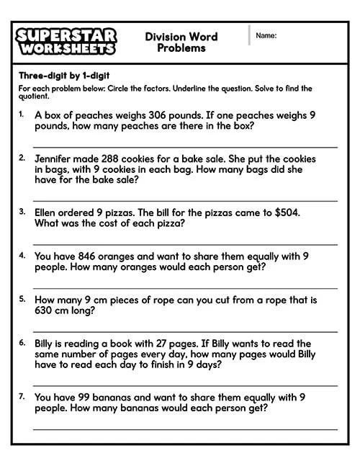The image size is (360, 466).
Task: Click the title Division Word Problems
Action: click(x=181, y=42)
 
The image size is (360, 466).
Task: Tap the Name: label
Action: click(x=266, y=35)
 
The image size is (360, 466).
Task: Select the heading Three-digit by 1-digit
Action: click(x=64, y=76)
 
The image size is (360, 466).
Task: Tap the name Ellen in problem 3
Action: click(x=48, y=212)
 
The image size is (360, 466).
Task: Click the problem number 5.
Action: click(x=22, y=298)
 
